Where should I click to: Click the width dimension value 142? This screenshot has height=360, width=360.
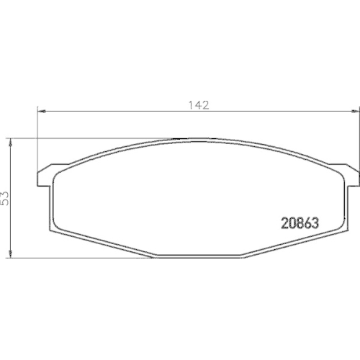point(199,105)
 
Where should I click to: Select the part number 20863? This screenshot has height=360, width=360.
point(299,223)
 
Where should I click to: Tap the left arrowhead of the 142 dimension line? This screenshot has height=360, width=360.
point(42,110)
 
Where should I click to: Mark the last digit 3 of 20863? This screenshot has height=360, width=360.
point(315,223)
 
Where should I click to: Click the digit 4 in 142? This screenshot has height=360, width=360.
point(199,105)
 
